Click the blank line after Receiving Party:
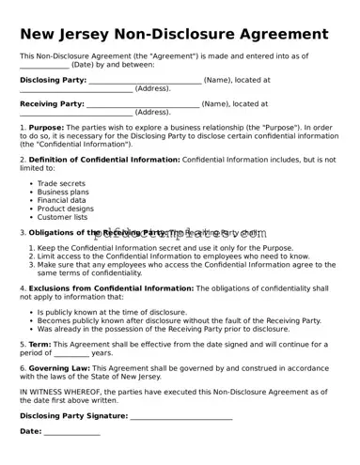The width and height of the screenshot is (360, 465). (x=142, y=105)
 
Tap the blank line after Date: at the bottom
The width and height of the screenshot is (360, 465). (x=71, y=432)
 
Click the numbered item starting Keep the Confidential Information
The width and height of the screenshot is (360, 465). (x=164, y=249)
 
